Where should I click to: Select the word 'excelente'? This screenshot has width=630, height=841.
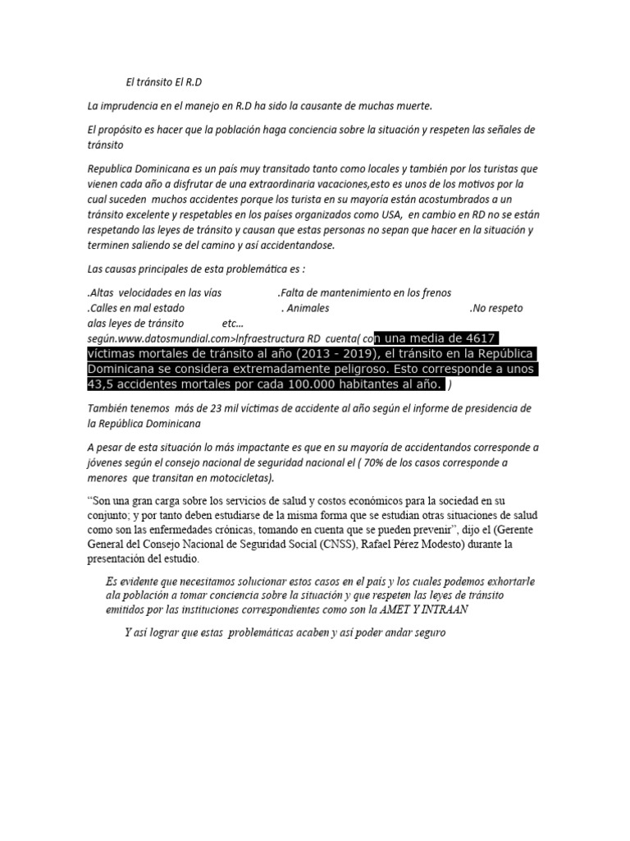click(145, 214)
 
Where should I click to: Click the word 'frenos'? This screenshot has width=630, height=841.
click(432, 292)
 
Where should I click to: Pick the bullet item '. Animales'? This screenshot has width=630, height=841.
click(305, 308)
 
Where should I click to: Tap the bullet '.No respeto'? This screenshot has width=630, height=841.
click(496, 308)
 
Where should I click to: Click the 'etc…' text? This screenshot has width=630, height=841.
click(234, 323)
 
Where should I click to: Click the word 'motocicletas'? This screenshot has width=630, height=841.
click(238, 478)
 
